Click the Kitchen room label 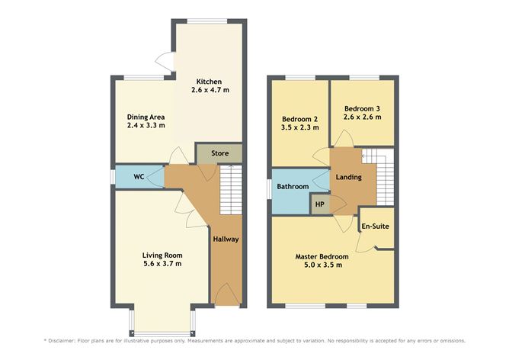pos(209,82)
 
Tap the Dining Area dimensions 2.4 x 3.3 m pos(146,125)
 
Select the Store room pos(219,153)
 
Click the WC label pos(139,177)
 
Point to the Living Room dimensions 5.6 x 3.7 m pos(162,264)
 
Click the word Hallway pos(226,239)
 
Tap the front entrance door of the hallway pos(227,294)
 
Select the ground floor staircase pos(231,190)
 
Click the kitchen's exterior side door pos(165,62)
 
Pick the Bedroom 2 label pos(300,119)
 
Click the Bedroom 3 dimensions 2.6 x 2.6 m pos(362,117)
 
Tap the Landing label pos(349,177)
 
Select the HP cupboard pos(320,204)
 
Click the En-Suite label pos(375,227)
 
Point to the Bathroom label pos(293,187)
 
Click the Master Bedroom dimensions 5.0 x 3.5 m pos(323,265)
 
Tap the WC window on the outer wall pos(112,177)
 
